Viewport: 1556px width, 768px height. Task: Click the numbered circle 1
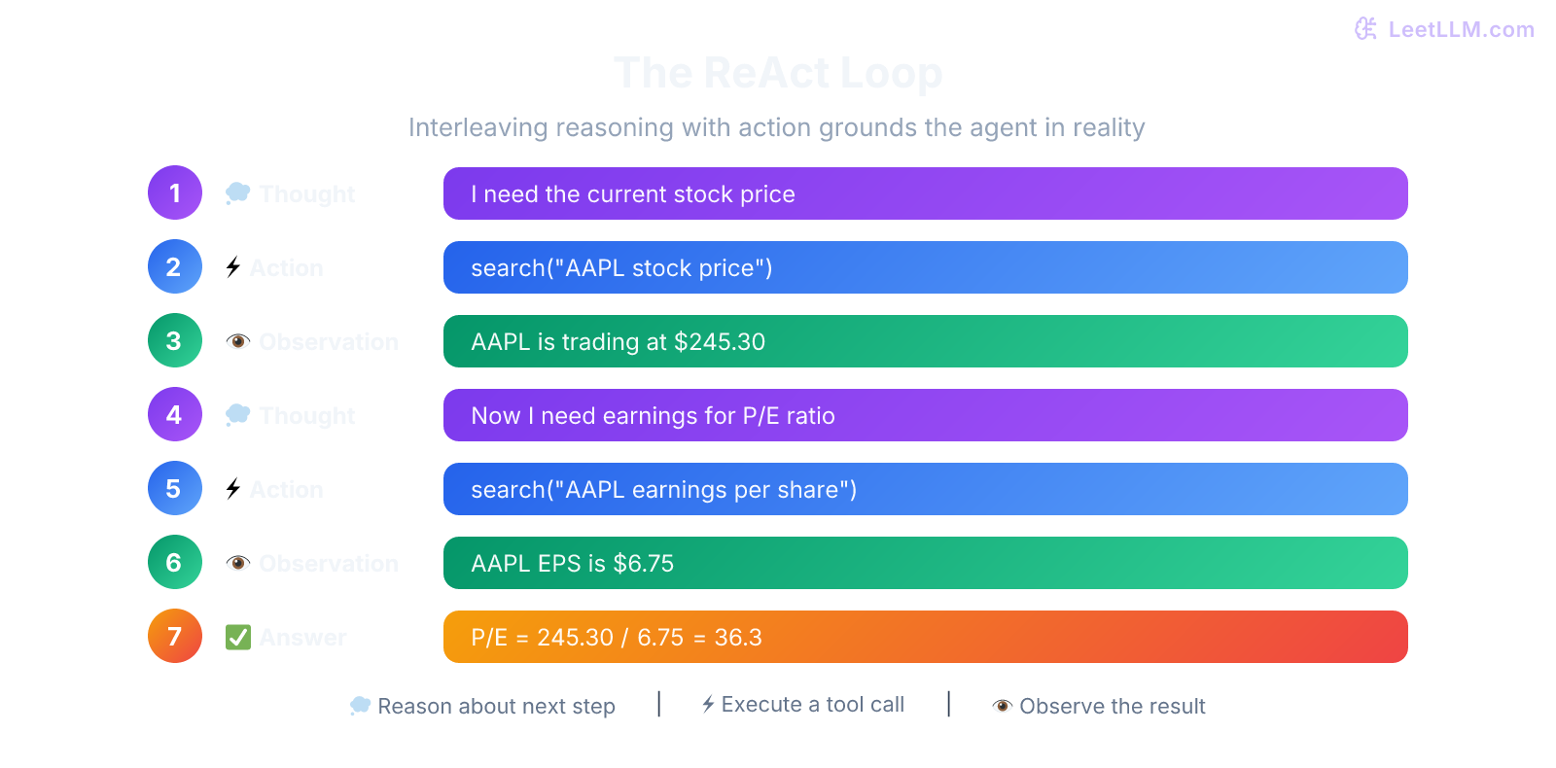(x=175, y=192)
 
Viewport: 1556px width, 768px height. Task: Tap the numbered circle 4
(x=175, y=414)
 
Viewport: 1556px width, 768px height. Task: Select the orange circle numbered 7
(x=175, y=636)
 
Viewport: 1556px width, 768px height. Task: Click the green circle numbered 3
(x=175, y=340)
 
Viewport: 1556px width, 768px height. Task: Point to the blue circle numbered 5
(x=175, y=488)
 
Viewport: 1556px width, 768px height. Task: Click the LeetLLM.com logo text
(x=1460, y=29)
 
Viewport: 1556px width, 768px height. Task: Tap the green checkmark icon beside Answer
(x=237, y=637)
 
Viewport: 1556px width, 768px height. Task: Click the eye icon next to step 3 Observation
(x=237, y=341)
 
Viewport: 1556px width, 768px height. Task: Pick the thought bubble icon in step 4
(x=237, y=415)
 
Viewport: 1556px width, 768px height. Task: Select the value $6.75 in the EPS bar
(x=643, y=564)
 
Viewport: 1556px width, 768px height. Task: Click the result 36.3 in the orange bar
(x=738, y=638)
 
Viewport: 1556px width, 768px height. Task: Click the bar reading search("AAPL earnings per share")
(x=924, y=489)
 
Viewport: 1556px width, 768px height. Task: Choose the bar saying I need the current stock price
(x=924, y=193)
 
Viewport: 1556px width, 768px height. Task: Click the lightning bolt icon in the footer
(x=708, y=704)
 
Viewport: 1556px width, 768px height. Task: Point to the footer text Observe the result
(x=1112, y=707)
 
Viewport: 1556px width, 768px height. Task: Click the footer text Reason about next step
(x=496, y=707)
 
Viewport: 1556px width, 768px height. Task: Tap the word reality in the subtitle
(x=1109, y=127)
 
